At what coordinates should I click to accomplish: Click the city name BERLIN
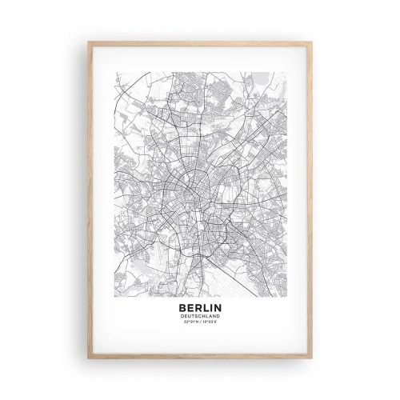[200, 306]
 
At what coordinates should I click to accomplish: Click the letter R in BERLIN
[197, 306]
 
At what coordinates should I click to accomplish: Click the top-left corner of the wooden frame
[88, 42]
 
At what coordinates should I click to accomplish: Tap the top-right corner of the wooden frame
[312, 42]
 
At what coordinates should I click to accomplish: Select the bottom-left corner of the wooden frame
[88, 358]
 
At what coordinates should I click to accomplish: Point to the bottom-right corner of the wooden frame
[312, 358]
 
